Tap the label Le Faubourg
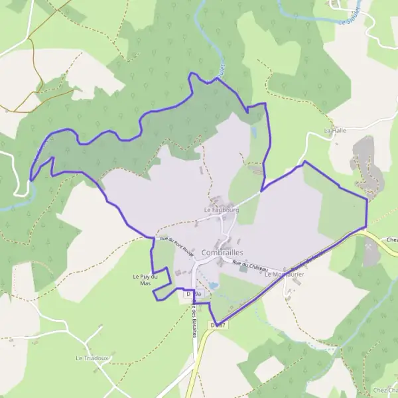pos(221,210)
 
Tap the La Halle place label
pos(335,131)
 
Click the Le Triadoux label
pos(92,358)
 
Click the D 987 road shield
pos(218,324)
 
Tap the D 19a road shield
pos(194,293)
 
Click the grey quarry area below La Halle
pos(365,163)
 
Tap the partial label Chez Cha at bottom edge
pos(385,389)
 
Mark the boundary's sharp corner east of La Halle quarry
pos(367,198)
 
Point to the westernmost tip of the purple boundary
pos(31,180)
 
